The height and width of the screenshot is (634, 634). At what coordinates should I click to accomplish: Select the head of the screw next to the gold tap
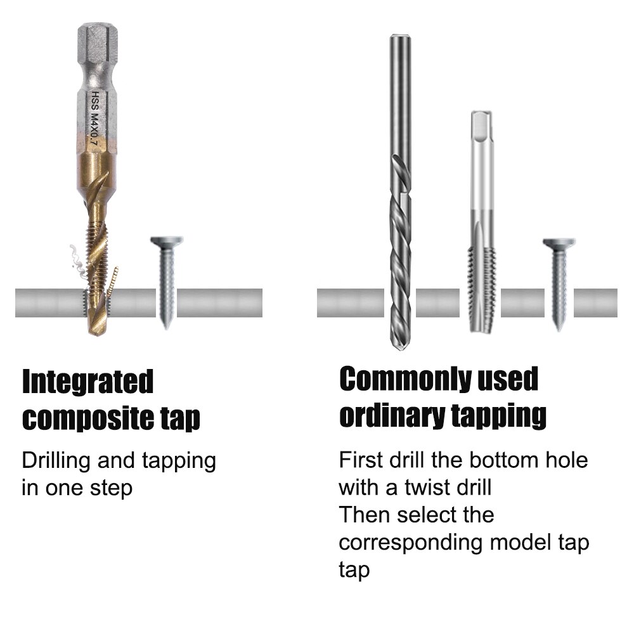click(x=166, y=242)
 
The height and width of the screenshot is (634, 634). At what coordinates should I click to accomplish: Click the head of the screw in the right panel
click(x=559, y=243)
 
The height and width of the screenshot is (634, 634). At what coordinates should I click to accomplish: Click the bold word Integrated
click(x=88, y=382)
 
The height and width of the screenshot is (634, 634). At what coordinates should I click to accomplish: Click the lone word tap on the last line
click(x=354, y=570)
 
